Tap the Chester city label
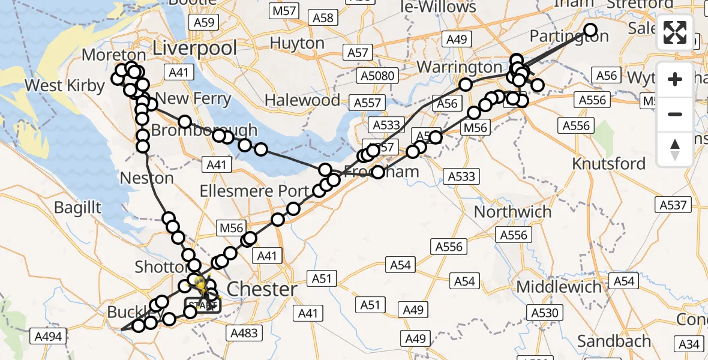[x=262, y=289]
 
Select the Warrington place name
[x=459, y=66]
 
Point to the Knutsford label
[x=608, y=163]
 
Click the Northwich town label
[x=512, y=212]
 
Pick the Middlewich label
[x=559, y=286]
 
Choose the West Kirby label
[x=64, y=86]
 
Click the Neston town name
[x=147, y=178]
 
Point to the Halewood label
[x=302, y=100]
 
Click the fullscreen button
[x=675, y=33]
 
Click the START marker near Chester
[x=202, y=305]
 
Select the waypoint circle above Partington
[x=590, y=30]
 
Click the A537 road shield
[x=673, y=205]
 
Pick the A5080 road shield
[x=379, y=76]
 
